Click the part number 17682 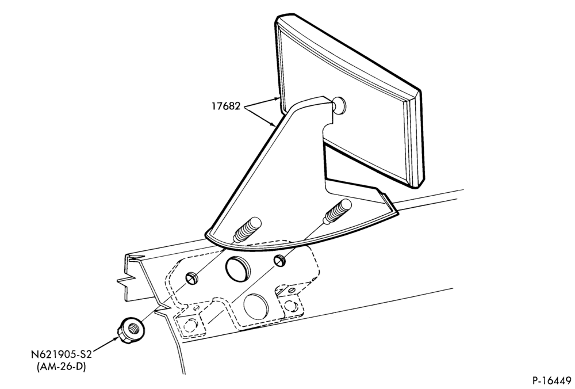coord(225,106)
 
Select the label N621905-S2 coord(61,355)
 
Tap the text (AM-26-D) coord(61,367)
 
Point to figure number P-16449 coord(551,380)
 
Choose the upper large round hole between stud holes coord(238,269)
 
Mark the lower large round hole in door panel coord(256,306)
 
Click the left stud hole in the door coord(192,279)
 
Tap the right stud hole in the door coord(280,261)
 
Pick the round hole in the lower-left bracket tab coord(189,326)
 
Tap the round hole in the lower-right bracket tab coord(290,306)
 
